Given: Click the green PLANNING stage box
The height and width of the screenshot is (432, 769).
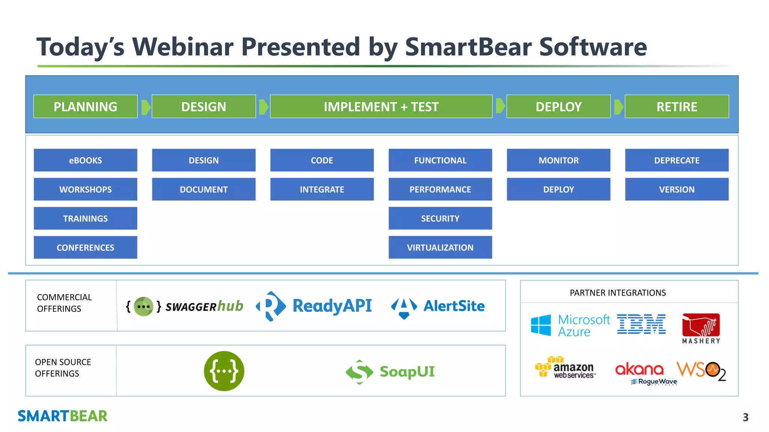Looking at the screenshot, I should click(85, 106).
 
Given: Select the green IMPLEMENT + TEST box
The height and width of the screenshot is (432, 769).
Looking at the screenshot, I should click(381, 106).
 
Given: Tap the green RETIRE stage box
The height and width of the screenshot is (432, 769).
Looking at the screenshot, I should click(677, 106).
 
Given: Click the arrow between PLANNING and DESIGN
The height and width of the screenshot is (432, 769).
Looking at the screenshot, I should click(146, 107).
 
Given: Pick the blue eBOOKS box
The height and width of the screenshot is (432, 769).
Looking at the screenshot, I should click(85, 160).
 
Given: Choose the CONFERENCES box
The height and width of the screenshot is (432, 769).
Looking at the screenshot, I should click(85, 247).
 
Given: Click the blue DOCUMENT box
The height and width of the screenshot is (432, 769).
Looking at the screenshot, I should click(204, 189).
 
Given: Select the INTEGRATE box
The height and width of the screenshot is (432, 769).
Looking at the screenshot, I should click(322, 189).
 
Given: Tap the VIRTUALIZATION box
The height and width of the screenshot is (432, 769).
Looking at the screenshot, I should click(440, 247).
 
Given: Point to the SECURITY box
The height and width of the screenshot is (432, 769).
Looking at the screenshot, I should click(440, 218).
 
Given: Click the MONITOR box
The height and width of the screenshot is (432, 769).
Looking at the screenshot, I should click(558, 160).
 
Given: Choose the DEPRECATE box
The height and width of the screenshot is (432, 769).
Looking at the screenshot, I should click(677, 160).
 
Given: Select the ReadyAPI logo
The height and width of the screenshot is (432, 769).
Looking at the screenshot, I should click(314, 306).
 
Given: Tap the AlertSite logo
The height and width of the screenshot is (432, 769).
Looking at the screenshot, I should click(438, 306).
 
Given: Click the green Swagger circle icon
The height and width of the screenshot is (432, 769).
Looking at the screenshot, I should click(224, 371).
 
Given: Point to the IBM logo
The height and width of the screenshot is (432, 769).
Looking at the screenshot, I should click(641, 324).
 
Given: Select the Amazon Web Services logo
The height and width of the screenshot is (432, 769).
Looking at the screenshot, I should click(565, 367).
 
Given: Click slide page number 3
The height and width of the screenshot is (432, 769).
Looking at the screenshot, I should click(745, 417).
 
